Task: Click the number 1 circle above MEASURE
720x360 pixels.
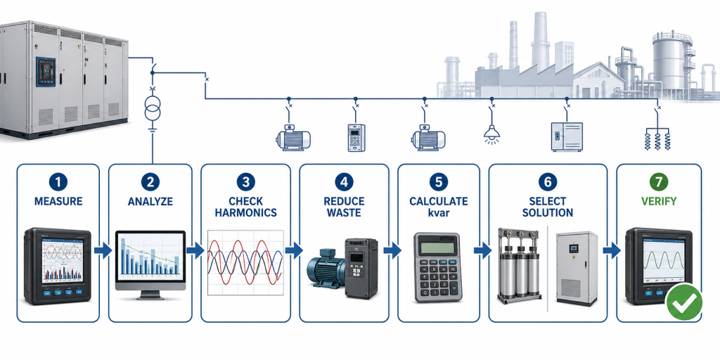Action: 58,182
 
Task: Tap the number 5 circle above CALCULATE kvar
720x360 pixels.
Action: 439,182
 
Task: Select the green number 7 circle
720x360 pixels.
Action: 659,182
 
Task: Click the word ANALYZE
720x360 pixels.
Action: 150,201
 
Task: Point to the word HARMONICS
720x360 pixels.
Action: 245,212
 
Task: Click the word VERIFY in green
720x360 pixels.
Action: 659,201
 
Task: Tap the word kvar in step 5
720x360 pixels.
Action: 439,212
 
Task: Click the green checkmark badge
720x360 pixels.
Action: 684,301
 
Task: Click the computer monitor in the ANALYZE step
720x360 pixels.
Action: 150,265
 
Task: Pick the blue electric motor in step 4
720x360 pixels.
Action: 326,268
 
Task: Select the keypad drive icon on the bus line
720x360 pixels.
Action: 356,138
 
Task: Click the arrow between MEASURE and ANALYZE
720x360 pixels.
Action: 103,251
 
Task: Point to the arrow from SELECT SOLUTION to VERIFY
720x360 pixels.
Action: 612,251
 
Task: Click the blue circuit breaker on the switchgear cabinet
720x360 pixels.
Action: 46,72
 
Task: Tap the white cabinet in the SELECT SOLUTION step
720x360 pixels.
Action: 577,269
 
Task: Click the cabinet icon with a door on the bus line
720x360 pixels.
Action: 567,137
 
